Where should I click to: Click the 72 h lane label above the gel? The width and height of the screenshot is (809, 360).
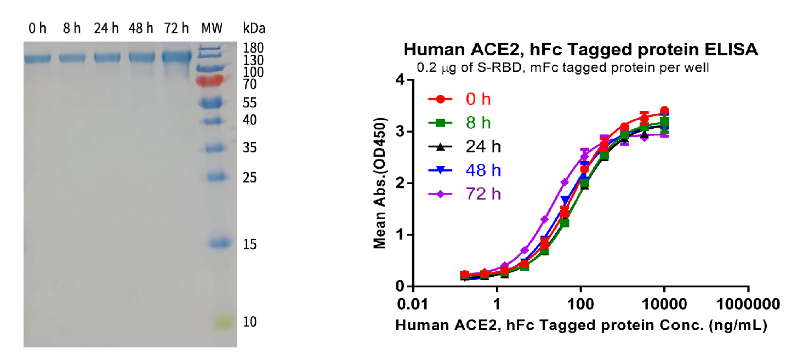[x=176, y=28]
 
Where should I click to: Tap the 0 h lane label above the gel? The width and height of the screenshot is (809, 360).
[x=38, y=28]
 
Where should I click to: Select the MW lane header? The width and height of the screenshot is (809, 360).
[x=212, y=28]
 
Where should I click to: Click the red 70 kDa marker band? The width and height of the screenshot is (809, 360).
[x=212, y=81]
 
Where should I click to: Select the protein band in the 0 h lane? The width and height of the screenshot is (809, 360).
[x=37, y=58]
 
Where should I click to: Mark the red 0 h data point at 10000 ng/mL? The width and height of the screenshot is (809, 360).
[x=664, y=111]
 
